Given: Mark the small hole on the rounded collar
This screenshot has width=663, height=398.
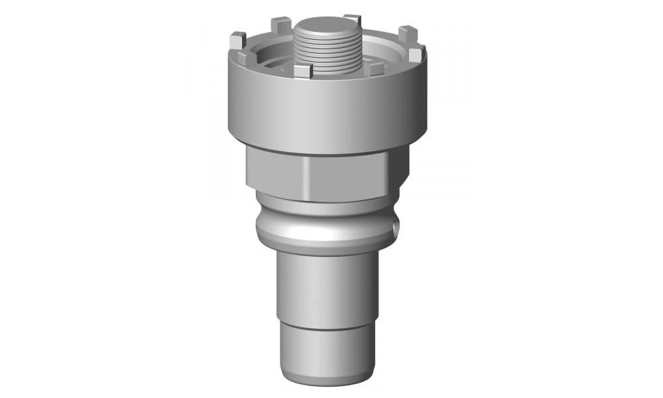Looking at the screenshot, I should pos(396,228).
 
